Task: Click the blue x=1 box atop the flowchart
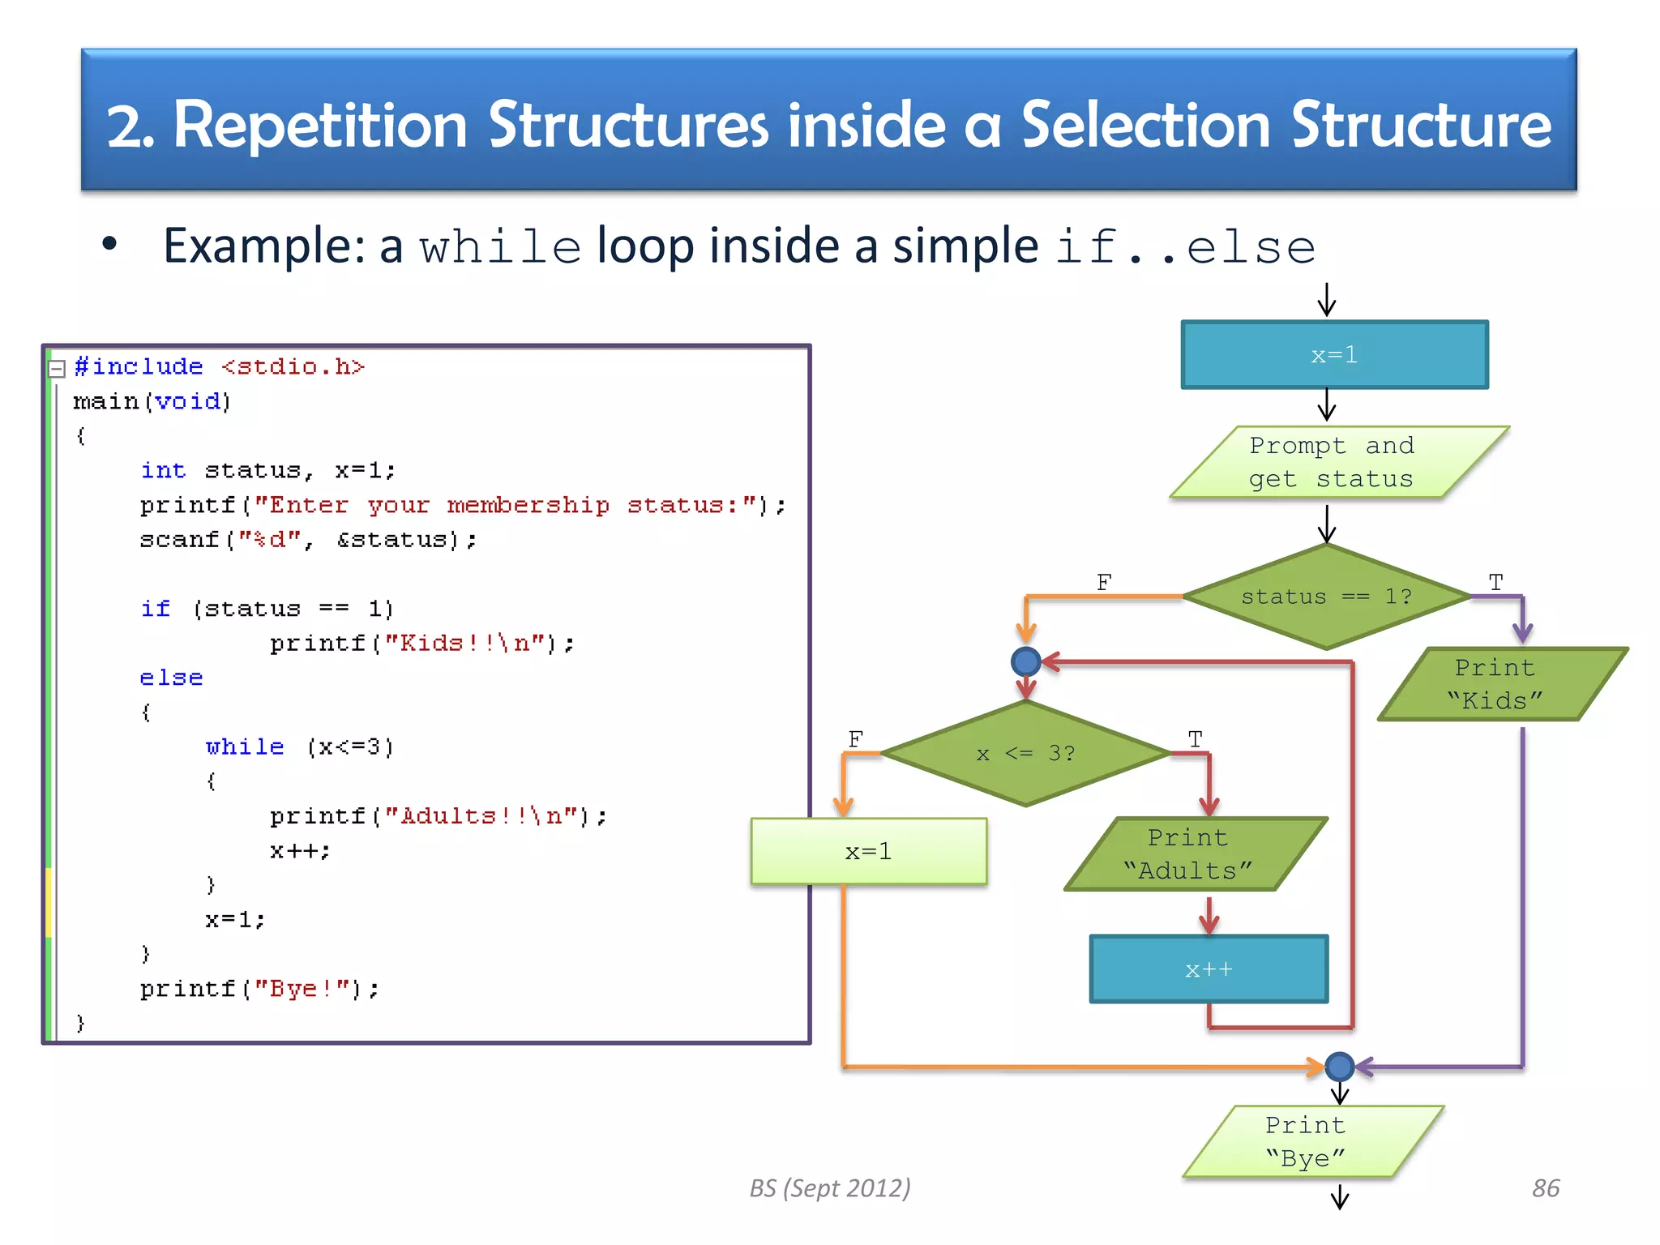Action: tap(1334, 355)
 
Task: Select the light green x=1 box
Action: tap(868, 851)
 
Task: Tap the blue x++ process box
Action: tap(1209, 969)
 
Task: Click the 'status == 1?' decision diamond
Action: tap(1327, 597)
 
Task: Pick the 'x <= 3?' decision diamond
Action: tap(1025, 753)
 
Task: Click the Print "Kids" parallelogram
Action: tap(1495, 684)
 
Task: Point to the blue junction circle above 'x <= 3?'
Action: tap(1026, 662)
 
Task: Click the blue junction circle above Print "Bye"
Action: tap(1340, 1066)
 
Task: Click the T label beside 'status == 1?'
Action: tap(1495, 582)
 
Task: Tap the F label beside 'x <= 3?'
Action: tap(855, 738)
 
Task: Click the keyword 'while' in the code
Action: tap(245, 747)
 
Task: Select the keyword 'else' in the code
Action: tap(171, 678)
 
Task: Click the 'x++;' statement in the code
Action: tap(299, 850)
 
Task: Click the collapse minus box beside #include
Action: tap(57, 370)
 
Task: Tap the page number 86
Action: tap(1545, 1188)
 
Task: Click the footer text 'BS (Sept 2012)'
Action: tap(829, 1188)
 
